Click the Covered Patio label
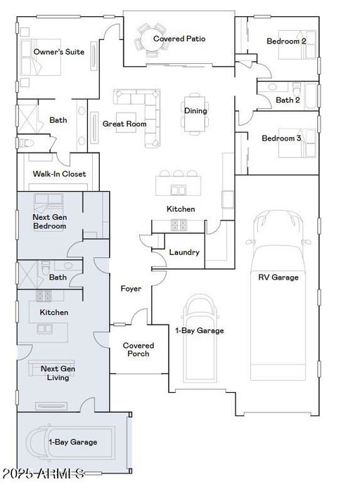(x=179, y=39)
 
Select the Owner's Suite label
(x=59, y=52)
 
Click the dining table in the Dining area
(x=195, y=114)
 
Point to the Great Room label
(x=124, y=124)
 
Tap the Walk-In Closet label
(x=59, y=174)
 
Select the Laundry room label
(x=184, y=252)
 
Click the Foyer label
(x=131, y=289)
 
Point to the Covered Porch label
(x=139, y=350)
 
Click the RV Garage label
(x=278, y=278)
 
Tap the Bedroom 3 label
(x=281, y=138)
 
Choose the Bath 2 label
(x=288, y=100)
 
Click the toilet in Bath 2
(x=297, y=89)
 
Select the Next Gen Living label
(x=58, y=373)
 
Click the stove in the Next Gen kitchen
(x=44, y=296)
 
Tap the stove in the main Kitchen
(x=179, y=225)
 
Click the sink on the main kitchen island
(x=179, y=190)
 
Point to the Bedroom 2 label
(x=287, y=41)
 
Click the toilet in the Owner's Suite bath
(x=27, y=143)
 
